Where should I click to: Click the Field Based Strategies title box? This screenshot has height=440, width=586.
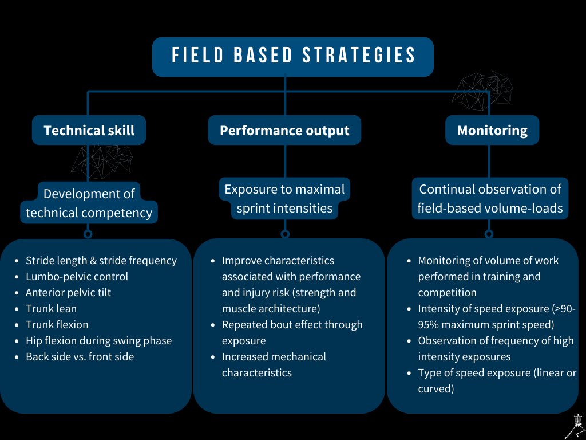[293, 56]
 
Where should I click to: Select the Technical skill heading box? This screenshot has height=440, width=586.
[89, 130]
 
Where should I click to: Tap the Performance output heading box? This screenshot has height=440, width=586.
[284, 130]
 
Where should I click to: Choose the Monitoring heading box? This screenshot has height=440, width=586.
[492, 130]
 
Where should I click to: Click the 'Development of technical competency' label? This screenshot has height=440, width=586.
[89, 203]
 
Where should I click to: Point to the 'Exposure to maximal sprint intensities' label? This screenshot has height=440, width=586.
[284, 198]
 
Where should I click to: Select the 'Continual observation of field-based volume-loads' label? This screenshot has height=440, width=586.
[490, 198]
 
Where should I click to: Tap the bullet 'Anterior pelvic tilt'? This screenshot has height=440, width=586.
[68, 292]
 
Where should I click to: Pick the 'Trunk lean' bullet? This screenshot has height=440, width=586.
[51, 308]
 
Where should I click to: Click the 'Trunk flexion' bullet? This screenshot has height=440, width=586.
[57, 324]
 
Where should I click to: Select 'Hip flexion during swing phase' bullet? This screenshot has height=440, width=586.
[98, 340]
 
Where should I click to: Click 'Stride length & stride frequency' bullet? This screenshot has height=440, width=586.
[101, 260]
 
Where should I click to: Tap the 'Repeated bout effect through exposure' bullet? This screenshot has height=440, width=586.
[292, 332]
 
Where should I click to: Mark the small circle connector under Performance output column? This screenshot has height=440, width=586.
[285, 234]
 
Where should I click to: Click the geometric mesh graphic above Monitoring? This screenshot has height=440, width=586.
[482, 91]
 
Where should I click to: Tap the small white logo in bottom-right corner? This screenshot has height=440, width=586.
[573, 426]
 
